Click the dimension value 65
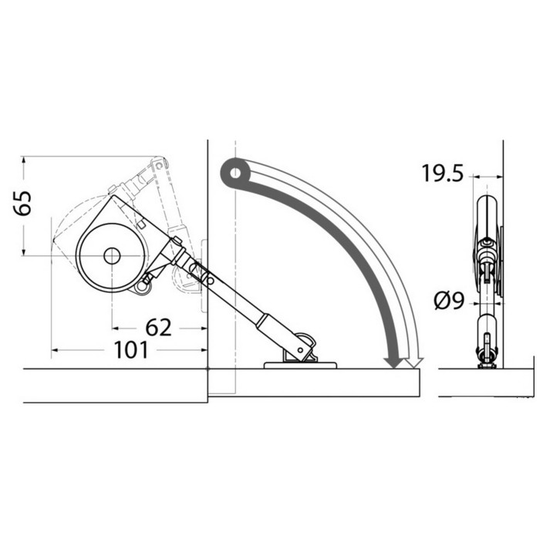click(23, 203)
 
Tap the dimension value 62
click(159, 328)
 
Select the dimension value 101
click(131, 349)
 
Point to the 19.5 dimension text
click(442, 173)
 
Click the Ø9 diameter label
click(449, 300)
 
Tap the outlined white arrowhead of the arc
click(414, 363)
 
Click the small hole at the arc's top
click(235, 173)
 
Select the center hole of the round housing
click(112, 256)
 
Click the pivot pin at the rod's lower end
click(300, 350)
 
